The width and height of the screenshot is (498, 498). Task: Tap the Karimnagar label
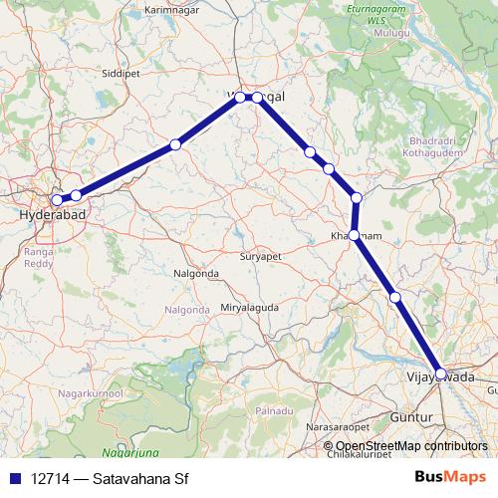[x=201, y=8]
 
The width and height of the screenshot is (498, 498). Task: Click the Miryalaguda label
[x=250, y=308]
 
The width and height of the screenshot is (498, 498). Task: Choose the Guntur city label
[x=433, y=406]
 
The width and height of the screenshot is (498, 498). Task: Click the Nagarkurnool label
[x=91, y=395]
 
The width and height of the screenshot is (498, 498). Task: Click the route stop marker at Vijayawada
[x=441, y=373]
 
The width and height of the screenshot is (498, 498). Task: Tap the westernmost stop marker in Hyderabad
[x=58, y=200]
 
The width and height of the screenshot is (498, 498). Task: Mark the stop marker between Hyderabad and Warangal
[x=175, y=144]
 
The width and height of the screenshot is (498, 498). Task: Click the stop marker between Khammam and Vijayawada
[x=395, y=297]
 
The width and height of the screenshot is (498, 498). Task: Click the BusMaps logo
[x=457, y=478]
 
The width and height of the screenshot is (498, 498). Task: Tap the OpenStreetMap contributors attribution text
[x=411, y=446]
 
